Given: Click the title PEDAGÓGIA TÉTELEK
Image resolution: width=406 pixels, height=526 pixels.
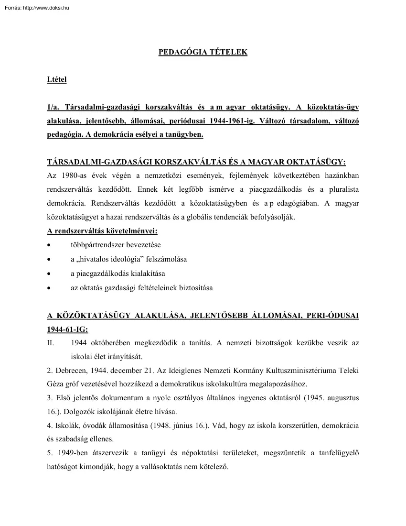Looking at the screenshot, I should coord(203,52).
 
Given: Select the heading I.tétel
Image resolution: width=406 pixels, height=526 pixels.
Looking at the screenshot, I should coord(56,79).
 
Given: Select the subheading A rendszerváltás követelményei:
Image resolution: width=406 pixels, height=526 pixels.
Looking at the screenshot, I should coord(102,231).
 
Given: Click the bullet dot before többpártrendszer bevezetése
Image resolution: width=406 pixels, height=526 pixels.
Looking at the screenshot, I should coord(49,245).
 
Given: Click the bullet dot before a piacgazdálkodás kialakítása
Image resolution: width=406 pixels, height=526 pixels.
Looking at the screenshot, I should coord(49,274).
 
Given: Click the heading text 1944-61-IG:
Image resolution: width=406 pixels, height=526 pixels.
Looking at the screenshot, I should coord(67,329).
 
